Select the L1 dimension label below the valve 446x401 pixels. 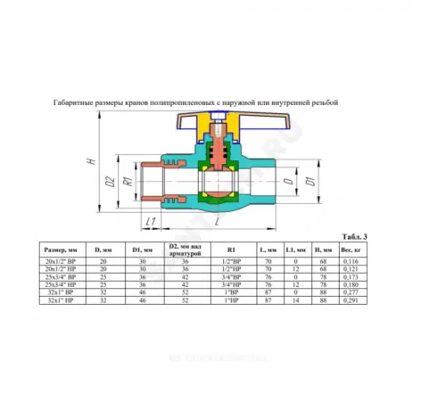point(152,220)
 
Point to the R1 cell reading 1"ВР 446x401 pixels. point(235,294)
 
